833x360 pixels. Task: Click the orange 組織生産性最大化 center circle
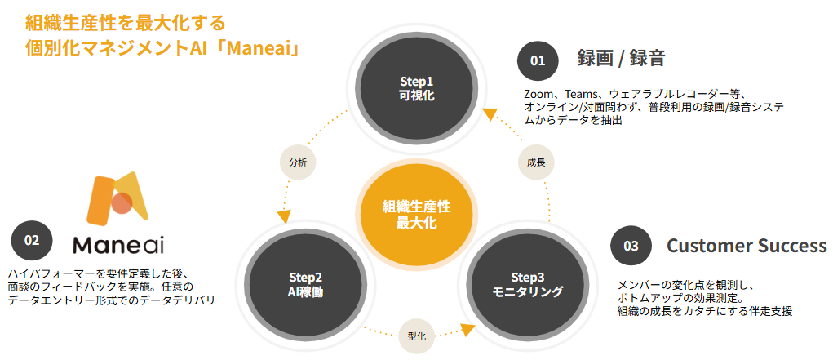(x=416, y=214)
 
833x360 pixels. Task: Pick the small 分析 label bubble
(x=296, y=162)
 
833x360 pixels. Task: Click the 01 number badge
(x=538, y=60)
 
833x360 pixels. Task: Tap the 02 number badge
(x=32, y=240)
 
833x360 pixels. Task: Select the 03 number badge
(x=631, y=245)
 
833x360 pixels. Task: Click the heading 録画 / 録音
(x=621, y=58)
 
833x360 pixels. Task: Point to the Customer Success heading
(x=747, y=246)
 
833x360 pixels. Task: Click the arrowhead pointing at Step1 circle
(x=488, y=116)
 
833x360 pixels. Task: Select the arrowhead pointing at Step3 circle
(x=467, y=330)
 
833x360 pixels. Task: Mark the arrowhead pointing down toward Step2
(x=284, y=217)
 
